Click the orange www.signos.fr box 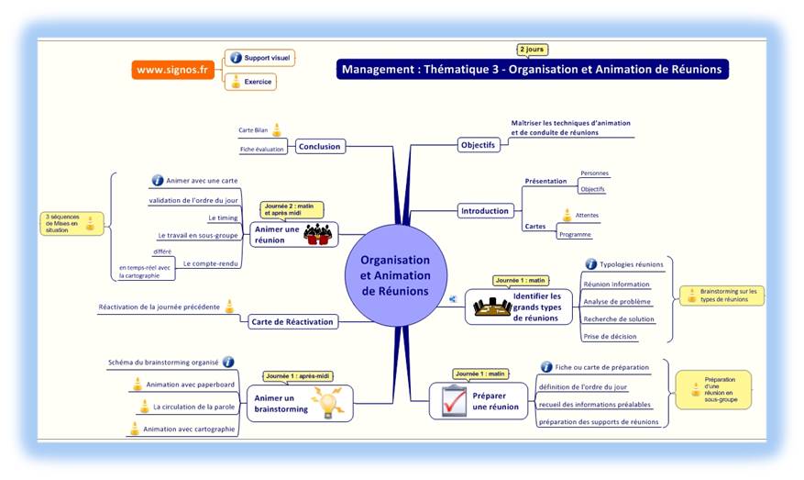[171, 70]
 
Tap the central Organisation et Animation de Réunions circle [394, 275]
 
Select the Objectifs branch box [478, 145]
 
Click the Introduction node [484, 210]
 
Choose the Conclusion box [319, 146]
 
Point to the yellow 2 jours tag [533, 50]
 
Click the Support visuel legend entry [260, 58]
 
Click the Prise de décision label [610, 337]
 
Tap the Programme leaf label [576, 234]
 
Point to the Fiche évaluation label [262, 150]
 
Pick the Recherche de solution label [619, 318]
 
